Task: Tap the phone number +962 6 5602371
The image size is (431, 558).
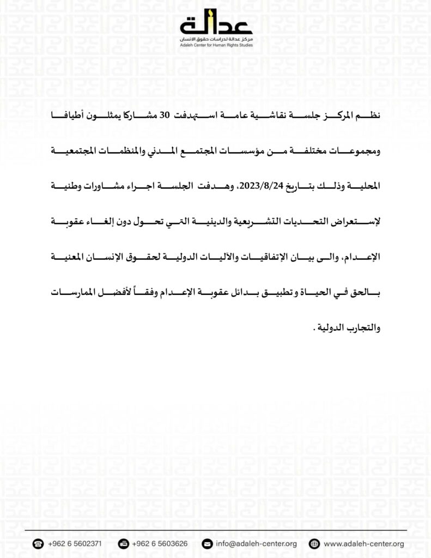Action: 74,543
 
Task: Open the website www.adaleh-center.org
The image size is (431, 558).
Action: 363,543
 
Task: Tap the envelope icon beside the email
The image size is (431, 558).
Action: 207,543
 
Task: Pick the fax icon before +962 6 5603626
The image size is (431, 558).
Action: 123,543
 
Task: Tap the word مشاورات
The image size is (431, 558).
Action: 89,186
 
